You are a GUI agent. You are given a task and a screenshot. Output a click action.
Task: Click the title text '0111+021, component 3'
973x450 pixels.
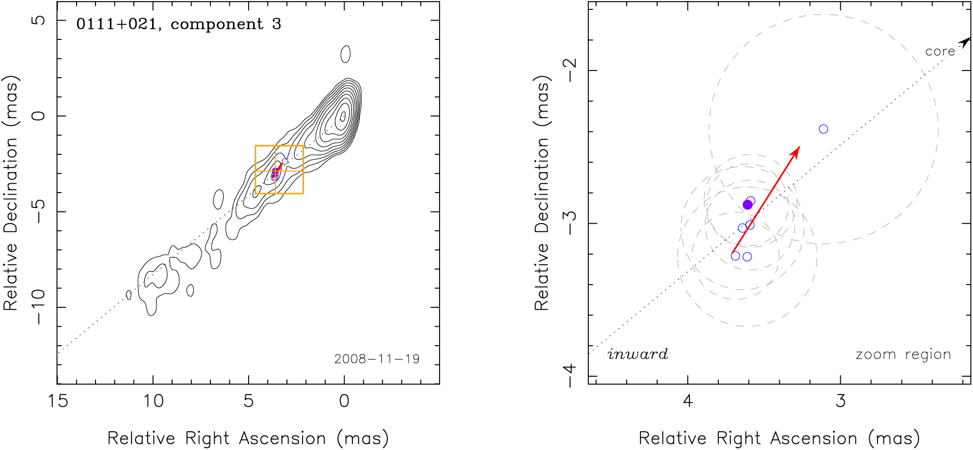pos(178,24)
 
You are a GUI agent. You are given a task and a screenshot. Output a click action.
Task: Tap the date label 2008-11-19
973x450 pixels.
pos(376,359)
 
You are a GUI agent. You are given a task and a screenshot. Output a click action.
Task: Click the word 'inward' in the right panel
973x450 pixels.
pos(637,354)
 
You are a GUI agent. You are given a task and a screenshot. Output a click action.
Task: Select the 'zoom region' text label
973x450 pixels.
pos(903,354)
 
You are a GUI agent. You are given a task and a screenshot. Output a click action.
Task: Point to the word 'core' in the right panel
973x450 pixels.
pos(940,52)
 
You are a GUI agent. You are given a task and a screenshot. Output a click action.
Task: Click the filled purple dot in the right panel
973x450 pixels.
pos(747,205)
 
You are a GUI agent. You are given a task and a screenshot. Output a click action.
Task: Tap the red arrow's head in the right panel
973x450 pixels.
pos(796,151)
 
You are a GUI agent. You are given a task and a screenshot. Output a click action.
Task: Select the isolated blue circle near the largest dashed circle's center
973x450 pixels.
pos(823,129)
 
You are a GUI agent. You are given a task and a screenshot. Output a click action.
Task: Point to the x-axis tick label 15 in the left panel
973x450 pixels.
pos(58,401)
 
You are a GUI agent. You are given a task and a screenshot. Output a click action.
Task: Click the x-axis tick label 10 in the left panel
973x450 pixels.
pos(153,401)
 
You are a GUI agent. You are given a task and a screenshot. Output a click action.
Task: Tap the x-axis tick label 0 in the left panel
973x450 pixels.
pos(344,401)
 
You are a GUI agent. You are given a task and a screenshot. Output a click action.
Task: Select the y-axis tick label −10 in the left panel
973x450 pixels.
pos(38,307)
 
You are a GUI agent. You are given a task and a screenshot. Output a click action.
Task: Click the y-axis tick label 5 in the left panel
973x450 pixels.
pos(38,21)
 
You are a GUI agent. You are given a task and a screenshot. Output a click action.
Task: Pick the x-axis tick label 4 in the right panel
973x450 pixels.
pos(688,401)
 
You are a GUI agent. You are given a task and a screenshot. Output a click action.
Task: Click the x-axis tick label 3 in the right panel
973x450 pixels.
pos(840,401)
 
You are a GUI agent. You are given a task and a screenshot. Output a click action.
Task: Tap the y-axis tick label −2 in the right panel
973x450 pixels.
pos(569,70)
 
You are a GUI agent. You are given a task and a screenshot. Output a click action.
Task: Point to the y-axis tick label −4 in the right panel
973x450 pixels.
pos(569,376)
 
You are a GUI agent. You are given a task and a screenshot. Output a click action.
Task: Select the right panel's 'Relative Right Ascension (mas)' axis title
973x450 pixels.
pos(779,438)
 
